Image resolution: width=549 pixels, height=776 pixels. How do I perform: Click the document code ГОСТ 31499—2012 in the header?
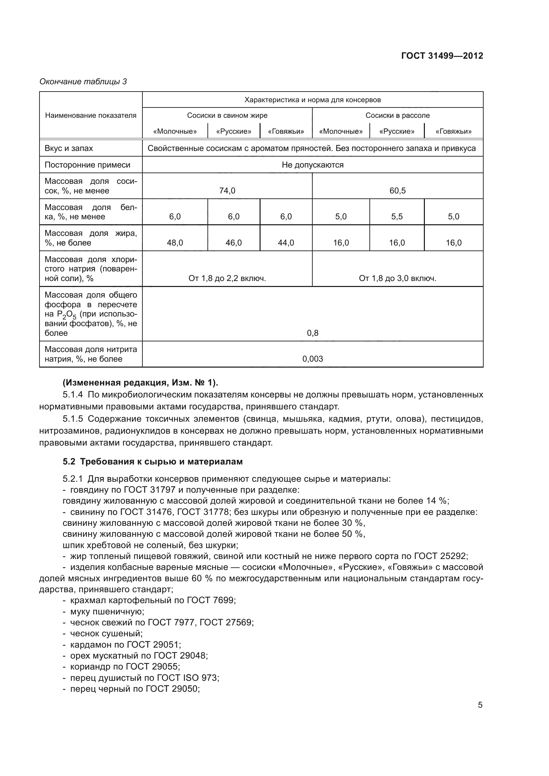click(x=442, y=56)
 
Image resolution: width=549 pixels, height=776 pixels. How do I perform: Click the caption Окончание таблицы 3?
click(x=83, y=82)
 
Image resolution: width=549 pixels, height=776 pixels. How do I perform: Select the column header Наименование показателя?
click(x=91, y=115)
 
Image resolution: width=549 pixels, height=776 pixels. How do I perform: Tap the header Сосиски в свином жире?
click(x=227, y=115)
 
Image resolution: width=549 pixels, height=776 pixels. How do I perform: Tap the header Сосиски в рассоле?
click(x=397, y=115)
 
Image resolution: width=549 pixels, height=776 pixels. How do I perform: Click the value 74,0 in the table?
click(x=227, y=191)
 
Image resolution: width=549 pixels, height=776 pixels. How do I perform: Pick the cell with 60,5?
click(x=397, y=191)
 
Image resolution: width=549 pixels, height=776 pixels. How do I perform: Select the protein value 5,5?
click(x=397, y=217)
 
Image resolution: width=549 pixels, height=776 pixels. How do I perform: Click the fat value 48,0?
click(x=175, y=243)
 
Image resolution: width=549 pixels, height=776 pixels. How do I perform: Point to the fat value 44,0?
click(x=286, y=243)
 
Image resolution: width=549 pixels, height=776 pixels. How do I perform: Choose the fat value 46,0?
click(x=234, y=243)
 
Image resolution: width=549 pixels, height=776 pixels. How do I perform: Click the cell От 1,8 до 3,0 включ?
click(x=397, y=278)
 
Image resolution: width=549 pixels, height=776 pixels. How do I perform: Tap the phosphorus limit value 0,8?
click(x=313, y=333)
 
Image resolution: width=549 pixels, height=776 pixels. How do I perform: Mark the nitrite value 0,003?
click(x=313, y=359)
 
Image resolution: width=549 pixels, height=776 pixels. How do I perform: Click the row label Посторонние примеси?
click(x=88, y=165)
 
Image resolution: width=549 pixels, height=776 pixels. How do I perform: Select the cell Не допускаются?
click(x=313, y=165)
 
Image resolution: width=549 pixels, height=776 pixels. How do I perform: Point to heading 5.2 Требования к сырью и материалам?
click(x=153, y=461)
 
